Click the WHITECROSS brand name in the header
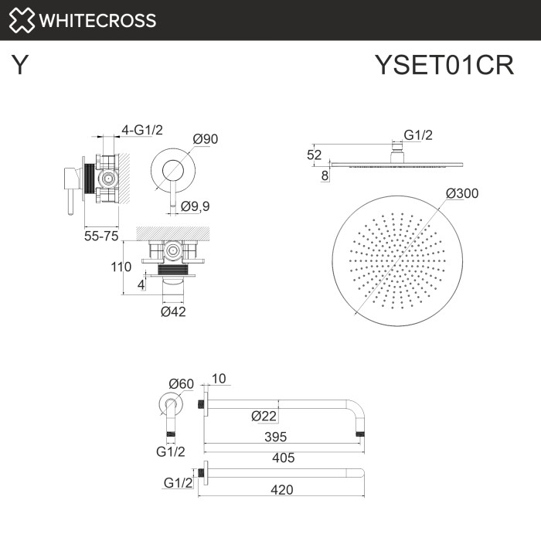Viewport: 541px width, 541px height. pyautogui.click(x=97, y=20)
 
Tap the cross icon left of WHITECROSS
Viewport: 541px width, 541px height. pyautogui.click(x=22, y=20)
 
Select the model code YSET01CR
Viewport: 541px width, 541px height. pyautogui.click(x=444, y=66)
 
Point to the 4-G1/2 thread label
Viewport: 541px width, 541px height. pyautogui.click(x=142, y=131)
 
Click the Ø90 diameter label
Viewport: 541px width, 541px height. pyautogui.click(x=206, y=139)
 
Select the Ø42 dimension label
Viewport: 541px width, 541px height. pyautogui.click(x=173, y=311)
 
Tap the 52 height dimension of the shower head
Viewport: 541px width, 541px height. pyautogui.click(x=314, y=155)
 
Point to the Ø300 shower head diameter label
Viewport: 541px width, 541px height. pyautogui.click(x=462, y=193)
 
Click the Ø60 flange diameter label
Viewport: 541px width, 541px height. pyautogui.click(x=182, y=384)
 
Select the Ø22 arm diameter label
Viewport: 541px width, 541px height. pyautogui.click(x=264, y=416)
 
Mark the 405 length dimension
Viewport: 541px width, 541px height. pyautogui.click(x=283, y=458)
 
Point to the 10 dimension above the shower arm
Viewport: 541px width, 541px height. pyautogui.click(x=218, y=379)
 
